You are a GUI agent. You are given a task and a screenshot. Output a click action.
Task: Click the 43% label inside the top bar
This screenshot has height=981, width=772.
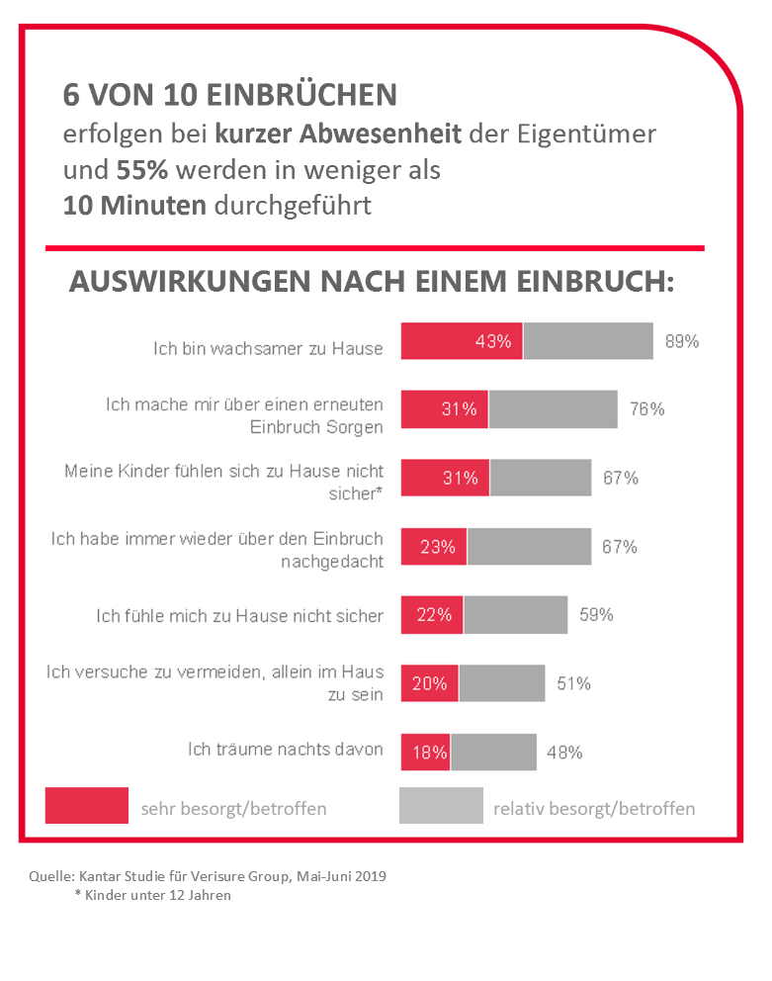pos(492,341)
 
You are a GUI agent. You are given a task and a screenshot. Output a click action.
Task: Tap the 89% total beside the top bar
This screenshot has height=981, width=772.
pos(682,341)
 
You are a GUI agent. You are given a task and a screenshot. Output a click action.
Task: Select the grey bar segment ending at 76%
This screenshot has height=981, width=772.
pos(553,408)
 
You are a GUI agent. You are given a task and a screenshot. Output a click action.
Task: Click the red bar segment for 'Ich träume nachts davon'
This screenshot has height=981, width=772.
pos(425,752)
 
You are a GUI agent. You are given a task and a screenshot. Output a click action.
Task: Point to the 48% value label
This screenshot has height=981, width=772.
pos(564,752)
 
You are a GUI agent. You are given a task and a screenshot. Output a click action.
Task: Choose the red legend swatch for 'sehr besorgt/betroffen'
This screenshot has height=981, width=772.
pos(87,805)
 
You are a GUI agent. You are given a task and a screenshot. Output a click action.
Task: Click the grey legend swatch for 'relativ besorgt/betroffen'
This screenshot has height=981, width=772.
pos(441,805)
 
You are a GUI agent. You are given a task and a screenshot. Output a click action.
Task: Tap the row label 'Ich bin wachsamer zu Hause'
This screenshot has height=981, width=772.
pos(268,348)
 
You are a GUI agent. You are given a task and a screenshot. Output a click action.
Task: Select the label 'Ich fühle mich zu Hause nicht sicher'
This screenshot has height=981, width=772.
pos(239,615)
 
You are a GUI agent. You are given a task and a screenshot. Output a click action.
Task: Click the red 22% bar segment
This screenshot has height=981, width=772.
pos(432,615)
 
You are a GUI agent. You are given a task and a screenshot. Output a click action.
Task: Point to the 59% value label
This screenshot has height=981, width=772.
pos(596,615)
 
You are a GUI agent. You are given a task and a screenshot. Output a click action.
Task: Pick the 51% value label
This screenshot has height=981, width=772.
pos(573,683)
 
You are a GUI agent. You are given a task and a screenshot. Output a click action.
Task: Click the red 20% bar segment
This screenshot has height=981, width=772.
pos(429,683)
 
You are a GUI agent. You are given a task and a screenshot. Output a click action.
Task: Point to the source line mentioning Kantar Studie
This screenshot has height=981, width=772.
pos(208,876)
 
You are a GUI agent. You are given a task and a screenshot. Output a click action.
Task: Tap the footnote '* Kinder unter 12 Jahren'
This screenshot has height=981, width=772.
pos(152,895)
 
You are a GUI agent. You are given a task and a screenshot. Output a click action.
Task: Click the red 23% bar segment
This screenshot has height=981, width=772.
pos(434,546)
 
